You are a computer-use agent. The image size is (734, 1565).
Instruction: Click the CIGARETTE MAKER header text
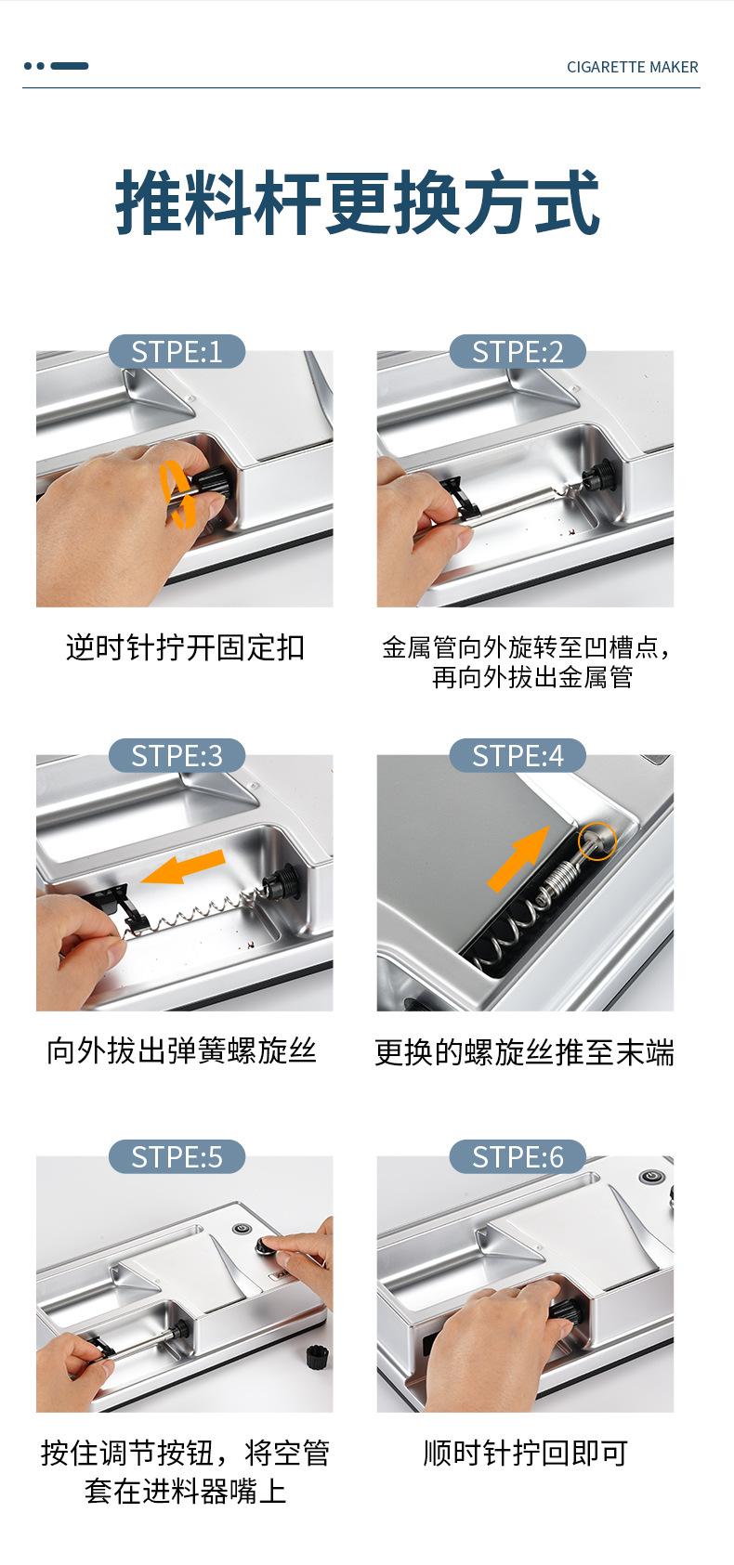click(632, 67)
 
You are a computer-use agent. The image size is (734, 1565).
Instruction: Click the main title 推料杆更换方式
click(357, 202)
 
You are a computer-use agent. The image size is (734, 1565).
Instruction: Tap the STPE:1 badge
click(177, 351)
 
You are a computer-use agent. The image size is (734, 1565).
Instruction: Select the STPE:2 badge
click(518, 351)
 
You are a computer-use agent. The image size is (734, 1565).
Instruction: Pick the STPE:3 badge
click(177, 755)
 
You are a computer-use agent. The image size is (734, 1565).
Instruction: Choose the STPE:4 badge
click(518, 755)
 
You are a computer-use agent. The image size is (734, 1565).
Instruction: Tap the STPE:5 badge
click(177, 1156)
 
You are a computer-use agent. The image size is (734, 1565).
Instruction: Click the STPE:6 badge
click(518, 1156)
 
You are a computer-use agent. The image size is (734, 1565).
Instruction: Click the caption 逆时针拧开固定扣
click(185, 647)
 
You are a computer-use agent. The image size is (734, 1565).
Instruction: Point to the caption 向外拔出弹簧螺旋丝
click(182, 1050)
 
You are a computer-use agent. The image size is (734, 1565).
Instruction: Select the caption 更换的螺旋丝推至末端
click(524, 1052)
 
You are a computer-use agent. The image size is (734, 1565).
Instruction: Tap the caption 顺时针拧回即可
click(525, 1454)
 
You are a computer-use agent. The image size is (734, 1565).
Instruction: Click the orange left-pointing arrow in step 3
click(182, 867)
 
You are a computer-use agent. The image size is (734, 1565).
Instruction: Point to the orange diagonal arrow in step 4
click(518, 858)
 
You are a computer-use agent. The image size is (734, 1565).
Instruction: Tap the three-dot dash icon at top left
click(56, 66)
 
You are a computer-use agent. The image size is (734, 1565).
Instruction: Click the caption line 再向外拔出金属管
click(532, 677)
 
